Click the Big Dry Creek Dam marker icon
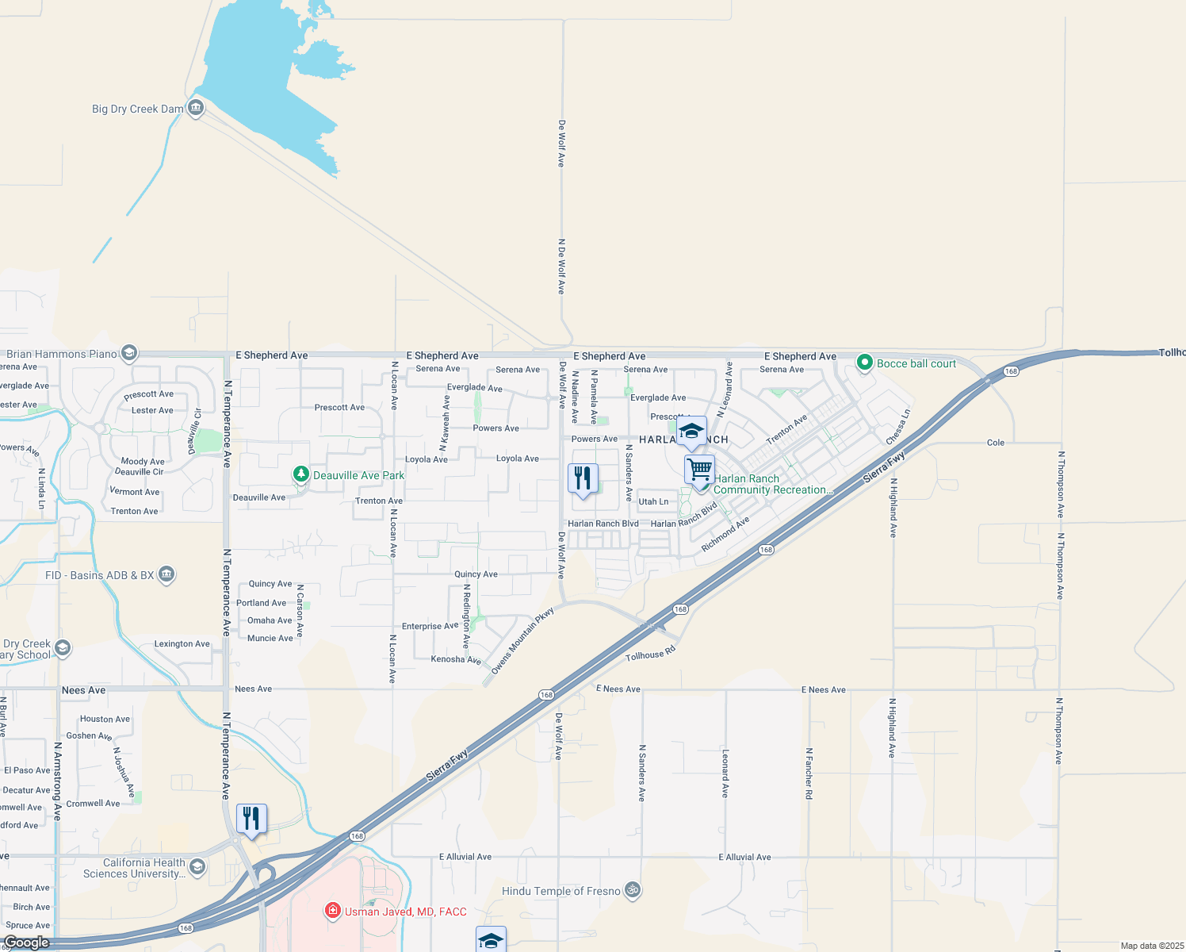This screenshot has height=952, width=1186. pyautogui.click(x=196, y=108)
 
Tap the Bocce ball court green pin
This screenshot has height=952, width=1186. pyautogui.click(x=865, y=363)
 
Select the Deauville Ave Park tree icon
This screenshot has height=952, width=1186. pyautogui.click(x=301, y=474)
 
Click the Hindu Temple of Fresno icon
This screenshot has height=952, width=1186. pyautogui.click(x=633, y=890)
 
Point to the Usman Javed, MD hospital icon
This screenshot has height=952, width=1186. pyautogui.click(x=333, y=911)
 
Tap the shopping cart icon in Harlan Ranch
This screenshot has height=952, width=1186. pyautogui.click(x=699, y=469)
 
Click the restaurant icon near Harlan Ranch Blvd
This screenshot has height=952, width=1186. pyautogui.click(x=583, y=478)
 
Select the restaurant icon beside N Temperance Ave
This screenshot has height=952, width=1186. pyautogui.click(x=251, y=819)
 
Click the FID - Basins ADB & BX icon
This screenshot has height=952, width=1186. pyautogui.click(x=166, y=574)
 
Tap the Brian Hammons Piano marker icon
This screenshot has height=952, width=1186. pyautogui.click(x=129, y=353)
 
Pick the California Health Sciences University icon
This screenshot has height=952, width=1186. pyautogui.click(x=197, y=866)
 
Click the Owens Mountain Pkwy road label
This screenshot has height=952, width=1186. pyautogui.click(x=522, y=641)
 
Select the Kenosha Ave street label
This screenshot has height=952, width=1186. pyautogui.click(x=456, y=659)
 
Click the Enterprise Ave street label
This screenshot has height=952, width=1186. pyautogui.click(x=430, y=626)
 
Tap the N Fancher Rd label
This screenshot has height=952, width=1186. pyautogui.click(x=809, y=773)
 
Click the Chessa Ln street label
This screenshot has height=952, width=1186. pyautogui.click(x=897, y=427)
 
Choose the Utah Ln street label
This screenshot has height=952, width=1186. pyautogui.click(x=653, y=501)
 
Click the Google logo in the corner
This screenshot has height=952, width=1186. pyautogui.click(x=27, y=942)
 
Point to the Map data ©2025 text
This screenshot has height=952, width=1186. pyautogui.click(x=1152, y=946)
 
